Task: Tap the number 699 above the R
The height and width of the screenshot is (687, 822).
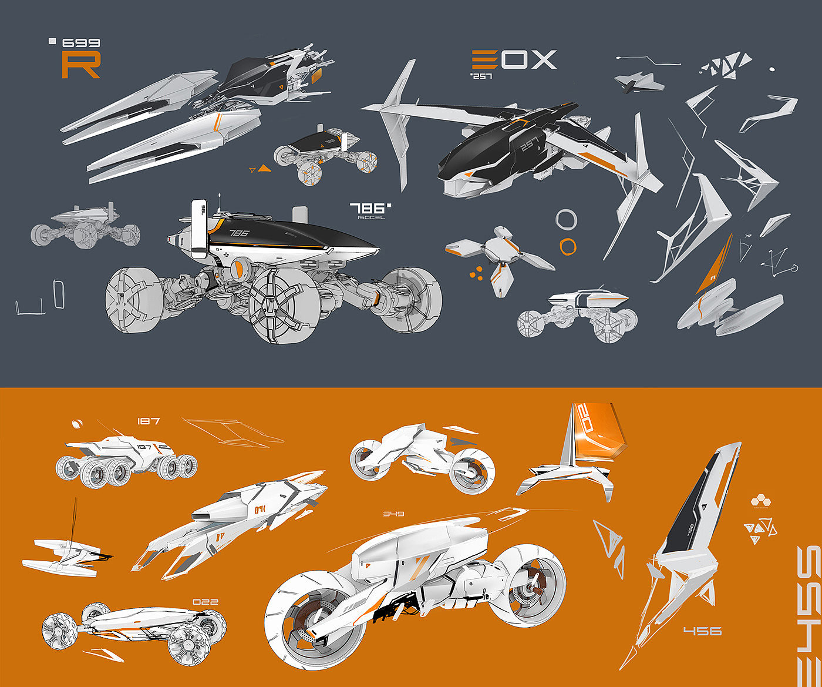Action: [x=81, y=43]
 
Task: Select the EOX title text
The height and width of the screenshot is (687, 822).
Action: [x=514, y=60]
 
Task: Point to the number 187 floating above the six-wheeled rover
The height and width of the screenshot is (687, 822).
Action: [x=148, y=421]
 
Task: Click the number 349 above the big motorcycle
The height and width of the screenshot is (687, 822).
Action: [x=393, y=514]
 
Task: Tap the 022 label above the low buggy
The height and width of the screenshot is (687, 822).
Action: [x=205, y=602]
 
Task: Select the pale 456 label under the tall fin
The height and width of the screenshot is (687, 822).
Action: [x=702, y=631]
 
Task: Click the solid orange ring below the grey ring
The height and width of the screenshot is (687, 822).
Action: [x=568, y=246]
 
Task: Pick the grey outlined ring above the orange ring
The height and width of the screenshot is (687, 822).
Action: [x=567, y=220]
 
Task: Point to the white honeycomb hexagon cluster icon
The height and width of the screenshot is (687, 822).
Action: [x=760, y=502]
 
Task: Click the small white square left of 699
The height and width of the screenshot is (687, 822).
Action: [x=52, y=41]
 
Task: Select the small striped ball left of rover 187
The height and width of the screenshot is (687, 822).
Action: [x=76, y=423]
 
